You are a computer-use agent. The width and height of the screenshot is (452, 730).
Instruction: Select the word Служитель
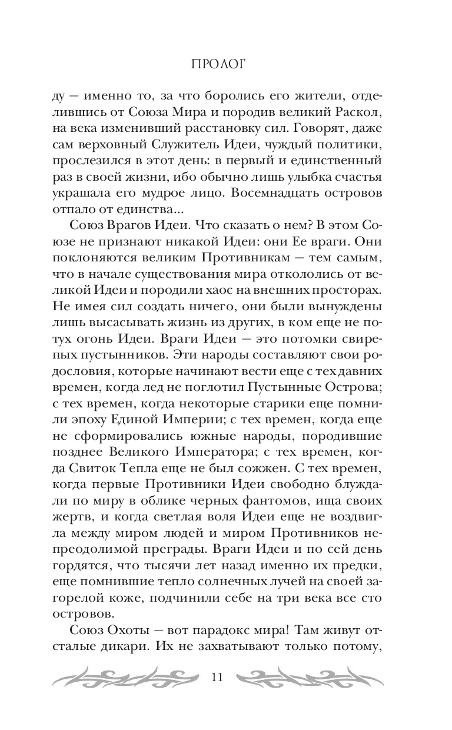(x=220, y=144)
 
